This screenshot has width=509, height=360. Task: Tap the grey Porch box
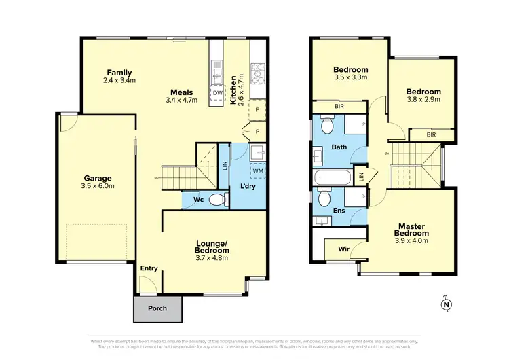tap(157, 308)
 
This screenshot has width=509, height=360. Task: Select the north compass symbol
tap(446, 304)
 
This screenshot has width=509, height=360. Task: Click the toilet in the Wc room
tap(216, 200)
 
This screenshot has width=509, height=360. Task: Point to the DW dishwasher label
tap(218, 93)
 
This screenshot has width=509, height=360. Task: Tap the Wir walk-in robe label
tap(343, 249)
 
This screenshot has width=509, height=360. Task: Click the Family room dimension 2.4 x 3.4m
tap(119, 81)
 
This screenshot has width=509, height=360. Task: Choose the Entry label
tap(149, 268)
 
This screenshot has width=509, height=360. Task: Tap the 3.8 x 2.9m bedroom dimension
tap(423, 100)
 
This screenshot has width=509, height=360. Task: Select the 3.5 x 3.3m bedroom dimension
tap(350, 77)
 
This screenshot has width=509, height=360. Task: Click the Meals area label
tap(181, 92)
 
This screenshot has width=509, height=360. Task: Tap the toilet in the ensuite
tap(324, 199)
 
